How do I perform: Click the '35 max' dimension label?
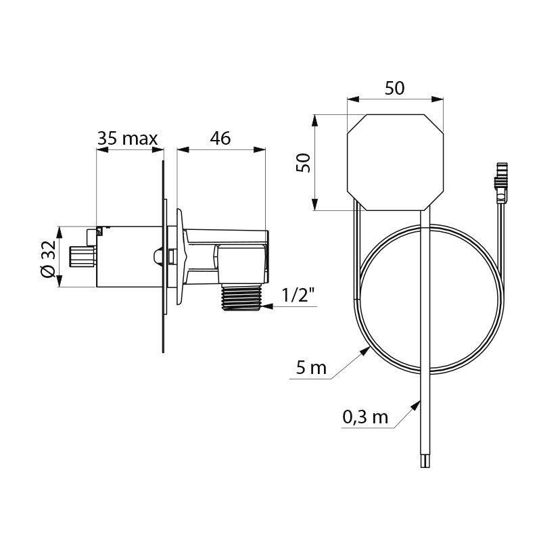coord(127,139)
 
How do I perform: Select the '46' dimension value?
coord(220,139)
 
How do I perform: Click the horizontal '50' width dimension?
coord(394,89)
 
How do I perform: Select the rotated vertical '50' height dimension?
coord(304,162)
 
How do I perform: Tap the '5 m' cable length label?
coord(310,369)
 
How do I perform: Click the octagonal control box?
coord(395,162)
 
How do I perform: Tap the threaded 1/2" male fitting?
coord(243,298)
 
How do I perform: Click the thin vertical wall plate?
coord(163,257)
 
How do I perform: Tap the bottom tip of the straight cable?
coord(424,463)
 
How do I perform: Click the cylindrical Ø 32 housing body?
coord(128,257)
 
